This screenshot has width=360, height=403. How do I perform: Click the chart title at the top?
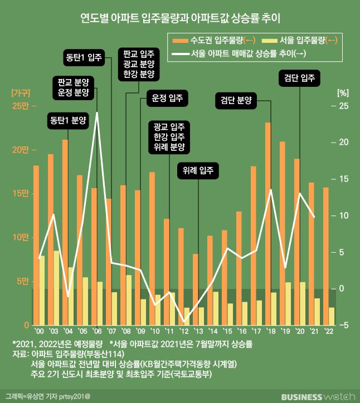(x=180, y=18)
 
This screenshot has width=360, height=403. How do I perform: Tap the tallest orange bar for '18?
(x=268, y=223)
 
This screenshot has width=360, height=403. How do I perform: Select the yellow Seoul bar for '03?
(x=56, y=287)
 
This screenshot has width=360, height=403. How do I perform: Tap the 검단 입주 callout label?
(x=300, y=79)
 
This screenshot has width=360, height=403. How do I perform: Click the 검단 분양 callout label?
(x=236, y=101)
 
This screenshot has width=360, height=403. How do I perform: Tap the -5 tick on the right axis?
(x=342, y=325)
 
